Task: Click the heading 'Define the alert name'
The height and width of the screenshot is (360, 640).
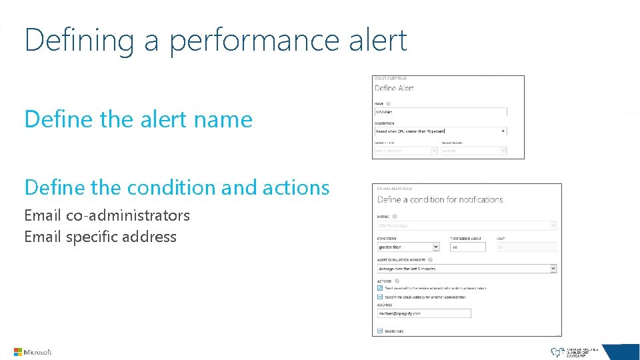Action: point(138,119)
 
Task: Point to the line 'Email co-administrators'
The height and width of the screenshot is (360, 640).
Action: point(107,215)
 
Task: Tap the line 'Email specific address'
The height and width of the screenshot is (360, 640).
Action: point(100,237)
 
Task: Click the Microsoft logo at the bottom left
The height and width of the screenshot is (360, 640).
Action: point(33,352)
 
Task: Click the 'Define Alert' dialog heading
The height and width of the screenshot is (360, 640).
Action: point(394,88)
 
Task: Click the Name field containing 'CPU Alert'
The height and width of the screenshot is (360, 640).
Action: point(440,112)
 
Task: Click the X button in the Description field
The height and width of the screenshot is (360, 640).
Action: point(503,131)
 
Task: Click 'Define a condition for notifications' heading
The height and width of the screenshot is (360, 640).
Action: point(440,199)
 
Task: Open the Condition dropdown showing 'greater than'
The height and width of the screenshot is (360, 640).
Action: point(408,247)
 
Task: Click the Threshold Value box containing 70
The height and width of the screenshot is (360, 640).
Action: point(467,247)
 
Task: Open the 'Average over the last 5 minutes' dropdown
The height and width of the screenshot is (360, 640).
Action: point(466,269)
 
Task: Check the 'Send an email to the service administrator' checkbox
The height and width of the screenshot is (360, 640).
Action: point(380,288)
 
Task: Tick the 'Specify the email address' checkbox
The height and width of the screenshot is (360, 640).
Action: point(380,297)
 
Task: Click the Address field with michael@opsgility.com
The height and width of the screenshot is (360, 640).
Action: point(424,313)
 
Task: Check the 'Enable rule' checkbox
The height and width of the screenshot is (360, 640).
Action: point(380,331)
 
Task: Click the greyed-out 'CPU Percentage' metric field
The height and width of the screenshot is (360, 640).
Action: point(466,226)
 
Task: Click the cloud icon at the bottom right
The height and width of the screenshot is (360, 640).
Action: point(557,351)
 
